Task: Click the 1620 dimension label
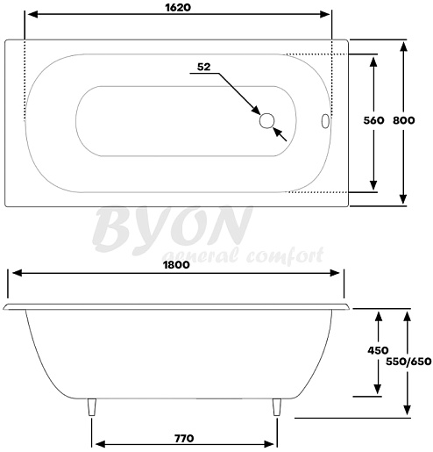click(178, 7)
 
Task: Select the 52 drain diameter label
click(203, 67)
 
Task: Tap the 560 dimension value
click(373, 120)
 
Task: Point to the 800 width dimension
click(403, 120)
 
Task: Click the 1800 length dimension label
click(176, 265)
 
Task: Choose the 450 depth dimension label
click(378, 350)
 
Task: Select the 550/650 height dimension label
click(408, 362)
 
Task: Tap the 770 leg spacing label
click(184, 439)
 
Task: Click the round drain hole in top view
click(266, 121)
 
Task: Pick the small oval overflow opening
click(325, 121)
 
